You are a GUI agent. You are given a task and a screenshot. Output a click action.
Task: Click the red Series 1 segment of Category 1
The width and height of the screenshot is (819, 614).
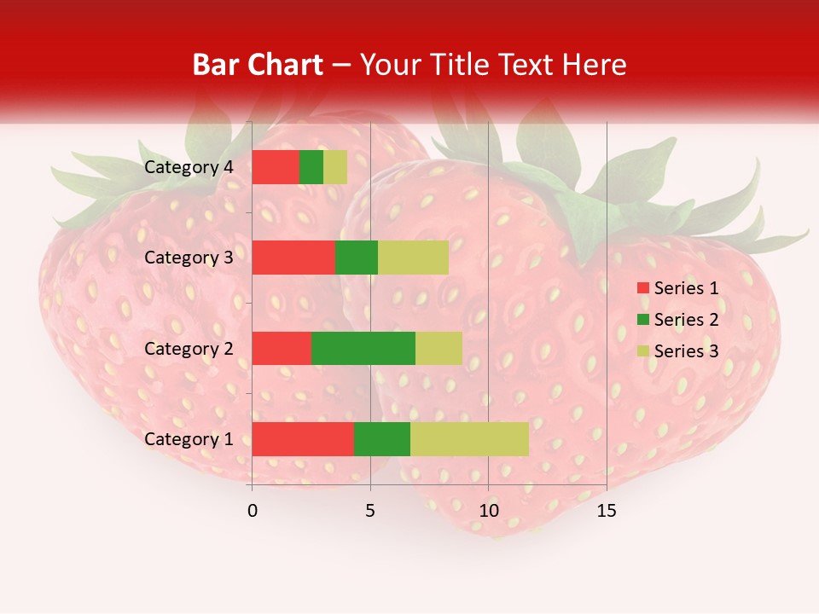point(303,439)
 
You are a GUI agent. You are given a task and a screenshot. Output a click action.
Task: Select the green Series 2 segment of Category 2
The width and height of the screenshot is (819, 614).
point(363,348)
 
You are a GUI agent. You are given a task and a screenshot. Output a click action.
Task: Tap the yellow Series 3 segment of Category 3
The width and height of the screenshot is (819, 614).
point(413,258)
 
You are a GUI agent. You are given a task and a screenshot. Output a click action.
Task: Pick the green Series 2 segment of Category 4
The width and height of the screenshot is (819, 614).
point(311,167)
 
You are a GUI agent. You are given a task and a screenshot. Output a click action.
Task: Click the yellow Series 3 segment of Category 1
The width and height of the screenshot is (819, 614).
point(469,439)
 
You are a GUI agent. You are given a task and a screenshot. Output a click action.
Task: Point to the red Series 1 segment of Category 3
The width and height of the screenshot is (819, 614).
point(293,258)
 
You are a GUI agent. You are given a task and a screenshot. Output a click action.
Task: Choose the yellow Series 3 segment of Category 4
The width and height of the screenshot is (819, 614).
point(335,167)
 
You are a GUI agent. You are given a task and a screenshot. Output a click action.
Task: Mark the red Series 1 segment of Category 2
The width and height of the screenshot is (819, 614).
point(282,348)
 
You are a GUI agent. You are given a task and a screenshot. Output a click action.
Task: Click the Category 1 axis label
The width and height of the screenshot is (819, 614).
point(189,439)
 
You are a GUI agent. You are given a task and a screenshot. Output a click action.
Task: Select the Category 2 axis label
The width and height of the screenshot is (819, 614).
point(189,348)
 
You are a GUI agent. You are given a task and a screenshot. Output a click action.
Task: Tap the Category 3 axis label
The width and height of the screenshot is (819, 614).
point(189,258)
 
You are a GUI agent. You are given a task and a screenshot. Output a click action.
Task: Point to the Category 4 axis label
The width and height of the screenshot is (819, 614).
point(189,167)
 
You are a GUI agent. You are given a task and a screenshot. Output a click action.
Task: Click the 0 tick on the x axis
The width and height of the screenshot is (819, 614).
point(252,511)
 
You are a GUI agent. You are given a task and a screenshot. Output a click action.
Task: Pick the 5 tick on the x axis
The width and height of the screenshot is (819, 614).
point(370,511)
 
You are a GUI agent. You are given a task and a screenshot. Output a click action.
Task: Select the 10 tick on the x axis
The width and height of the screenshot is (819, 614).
point(488,511)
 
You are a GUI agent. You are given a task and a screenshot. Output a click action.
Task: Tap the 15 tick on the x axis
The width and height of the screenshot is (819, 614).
point(607,511)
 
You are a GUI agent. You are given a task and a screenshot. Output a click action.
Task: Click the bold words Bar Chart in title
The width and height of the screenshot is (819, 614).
point(258,65)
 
